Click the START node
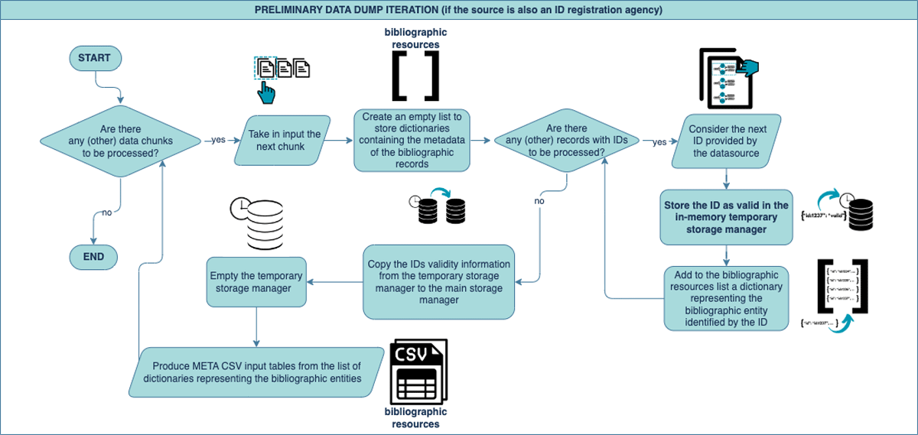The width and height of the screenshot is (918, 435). click(x=95, y=58)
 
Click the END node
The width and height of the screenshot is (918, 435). click(x=93, y=257)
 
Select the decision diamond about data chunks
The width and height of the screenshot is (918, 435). click(x=120, y=141)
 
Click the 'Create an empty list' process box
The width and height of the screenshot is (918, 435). click(x=412, y=141)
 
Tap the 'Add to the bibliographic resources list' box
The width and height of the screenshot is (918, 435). click(x=726, y=297)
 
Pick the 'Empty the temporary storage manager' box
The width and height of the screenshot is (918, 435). click(x=256, y=282)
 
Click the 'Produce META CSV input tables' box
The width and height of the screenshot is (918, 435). click(x=256, y=372)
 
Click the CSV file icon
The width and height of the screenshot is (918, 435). click(x=418, y=372)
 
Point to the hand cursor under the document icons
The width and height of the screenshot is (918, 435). click(x=266, y=93)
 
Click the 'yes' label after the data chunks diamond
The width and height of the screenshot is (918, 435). click(x=218, y=141)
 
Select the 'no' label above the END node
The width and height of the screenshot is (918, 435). click(x=106, y=213)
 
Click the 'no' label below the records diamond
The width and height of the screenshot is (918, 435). click(x=539, y=200)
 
